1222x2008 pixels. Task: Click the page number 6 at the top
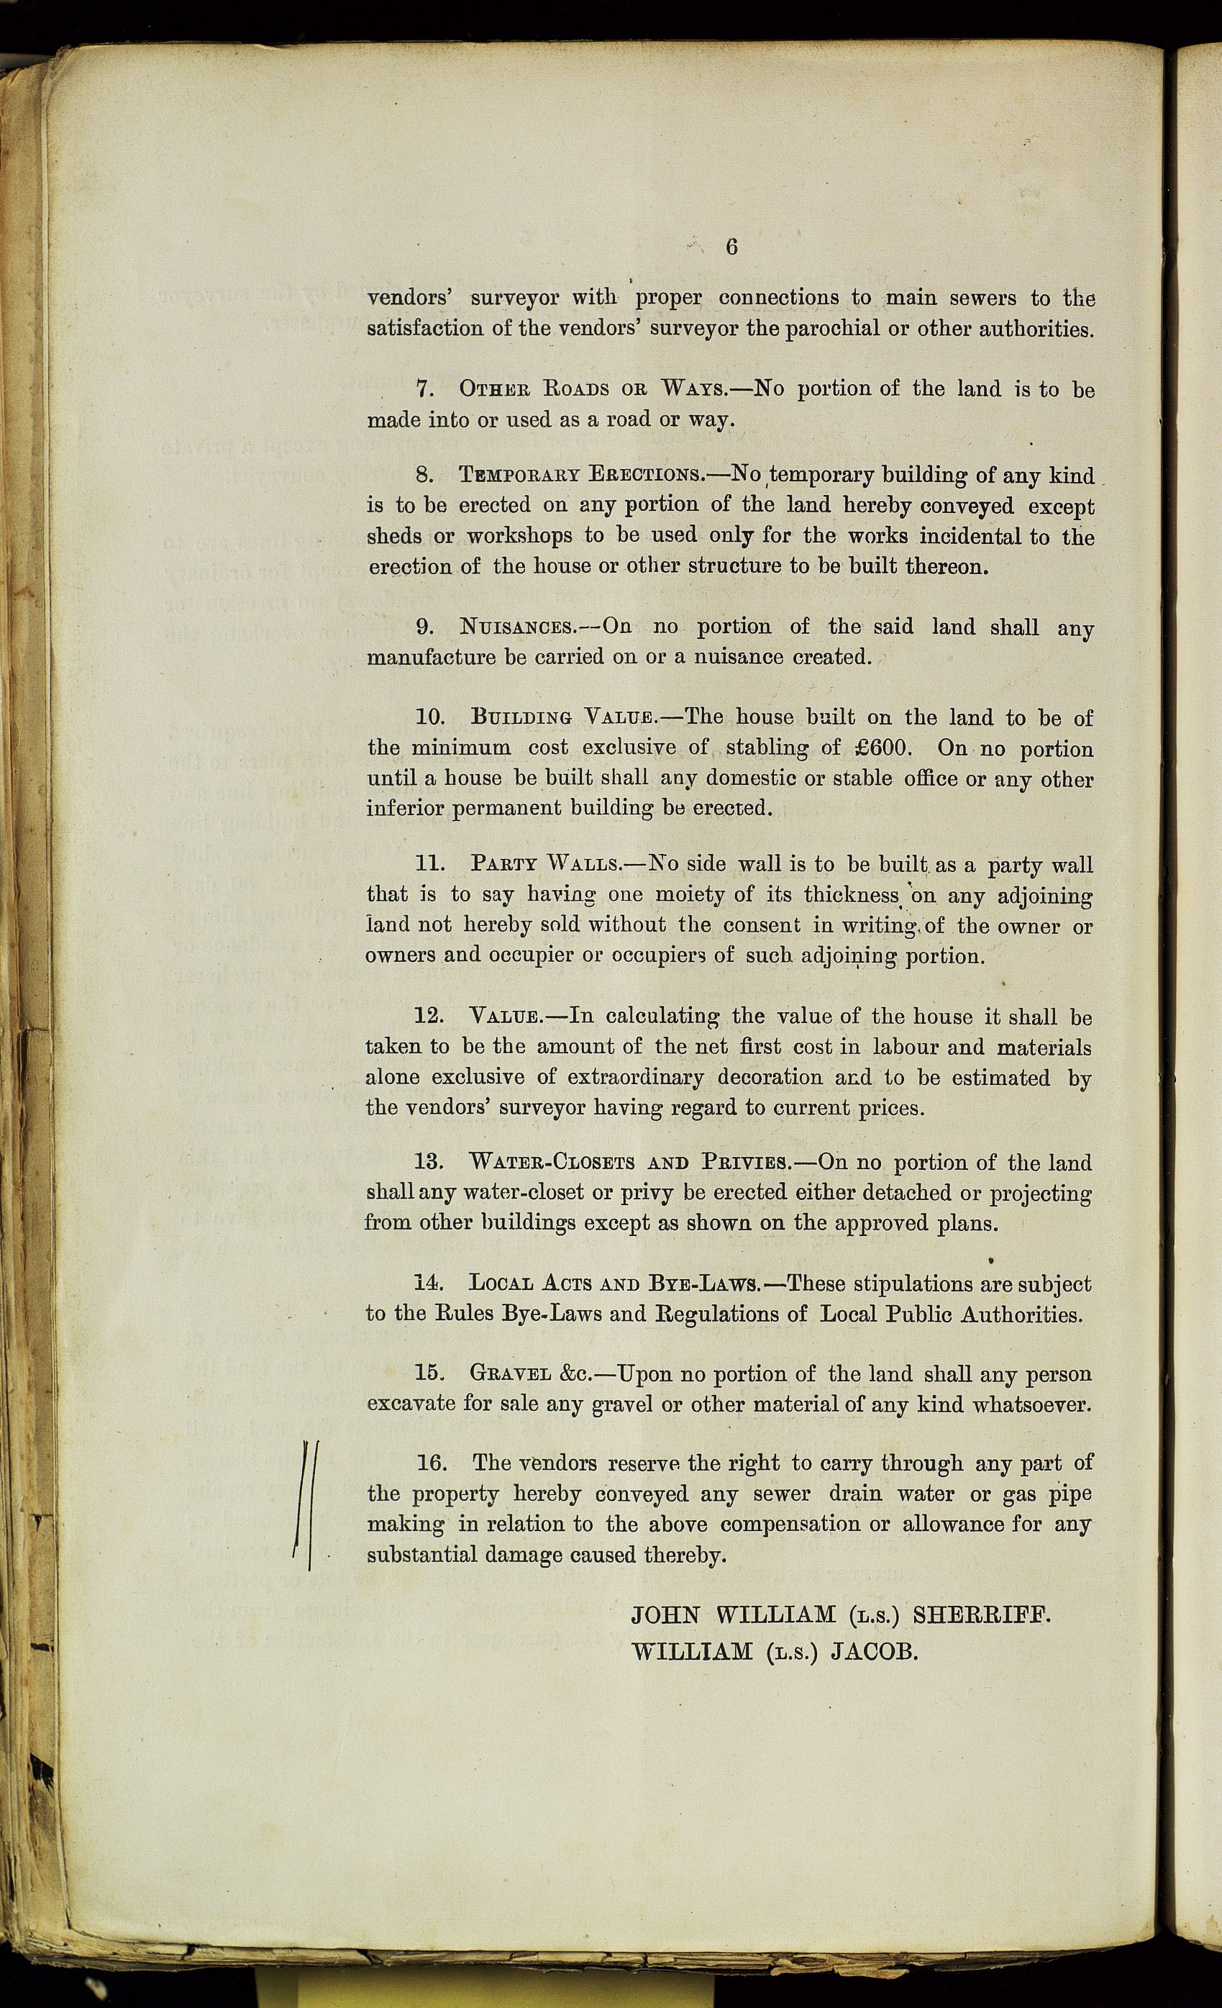tap(731, 246)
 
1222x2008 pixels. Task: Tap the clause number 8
tap(424, 474)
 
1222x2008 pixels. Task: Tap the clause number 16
tap(432, 1463)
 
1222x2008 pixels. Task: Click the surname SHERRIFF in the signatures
tap(981, 1615)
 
